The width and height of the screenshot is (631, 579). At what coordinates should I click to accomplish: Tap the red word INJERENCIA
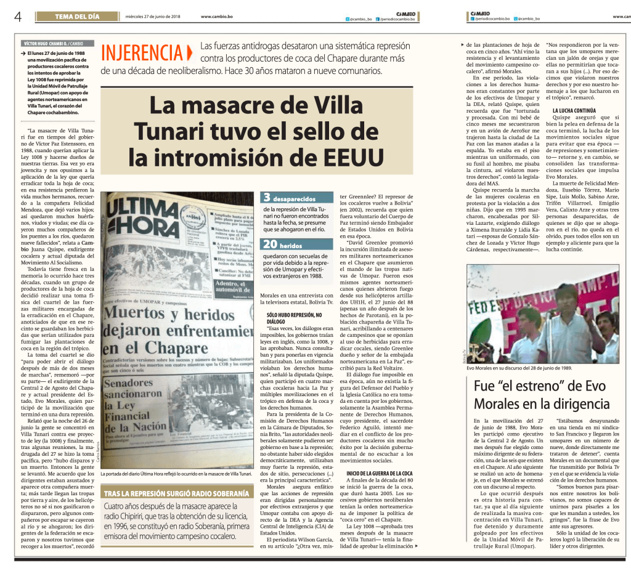pos(141,53)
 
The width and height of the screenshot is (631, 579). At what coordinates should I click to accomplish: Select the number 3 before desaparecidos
pos(267,198)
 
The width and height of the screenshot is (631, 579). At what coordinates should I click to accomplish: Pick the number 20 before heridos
pos(270,245)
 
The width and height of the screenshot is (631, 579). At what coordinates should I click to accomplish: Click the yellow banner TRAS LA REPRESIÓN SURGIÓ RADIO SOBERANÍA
pos(176,493)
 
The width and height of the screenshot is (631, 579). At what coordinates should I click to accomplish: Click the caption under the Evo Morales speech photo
pos(519,368)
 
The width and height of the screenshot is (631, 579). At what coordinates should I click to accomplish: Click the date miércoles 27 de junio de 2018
pos(152,17)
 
